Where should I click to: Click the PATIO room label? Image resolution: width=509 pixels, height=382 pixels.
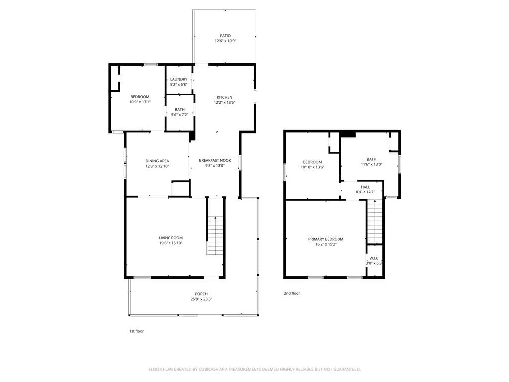[x=225, y=36]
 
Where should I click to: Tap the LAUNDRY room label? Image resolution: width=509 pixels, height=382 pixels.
[x=179, y=79]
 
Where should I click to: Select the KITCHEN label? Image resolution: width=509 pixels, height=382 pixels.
[x=224, y=97]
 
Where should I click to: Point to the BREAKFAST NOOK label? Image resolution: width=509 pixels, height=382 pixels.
[x=215, y=160]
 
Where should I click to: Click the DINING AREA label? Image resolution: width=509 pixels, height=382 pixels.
[x=157, y=161]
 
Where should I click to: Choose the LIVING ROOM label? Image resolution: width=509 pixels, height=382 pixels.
[x=171, y=238]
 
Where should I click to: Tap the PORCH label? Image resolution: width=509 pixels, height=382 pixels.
[x=201, y=294]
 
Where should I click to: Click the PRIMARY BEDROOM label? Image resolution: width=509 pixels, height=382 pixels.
[x=326, y=239]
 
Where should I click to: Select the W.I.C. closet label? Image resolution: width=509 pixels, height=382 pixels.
[x=374, y=258]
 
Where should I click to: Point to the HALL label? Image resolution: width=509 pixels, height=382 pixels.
[x=365, y=187]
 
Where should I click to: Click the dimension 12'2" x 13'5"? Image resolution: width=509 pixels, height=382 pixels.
[x=224, y=102]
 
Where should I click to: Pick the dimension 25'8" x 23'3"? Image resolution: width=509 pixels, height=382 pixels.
[x=201, y=299]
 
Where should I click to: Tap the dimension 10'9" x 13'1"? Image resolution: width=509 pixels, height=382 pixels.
[x=140, y=102]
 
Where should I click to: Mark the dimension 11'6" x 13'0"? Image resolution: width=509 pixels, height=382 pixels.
[x=372, y=164]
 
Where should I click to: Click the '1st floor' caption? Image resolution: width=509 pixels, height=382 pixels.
[x=136, y=331]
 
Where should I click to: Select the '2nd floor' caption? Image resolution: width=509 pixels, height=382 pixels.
[x=292, y=293]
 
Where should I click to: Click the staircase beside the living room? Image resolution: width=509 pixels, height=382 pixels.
[x=215, y=235]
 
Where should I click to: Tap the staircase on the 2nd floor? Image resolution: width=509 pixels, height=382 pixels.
[x=375, y=221]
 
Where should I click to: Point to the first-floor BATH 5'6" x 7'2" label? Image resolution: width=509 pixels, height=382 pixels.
[x=180, y=112]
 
